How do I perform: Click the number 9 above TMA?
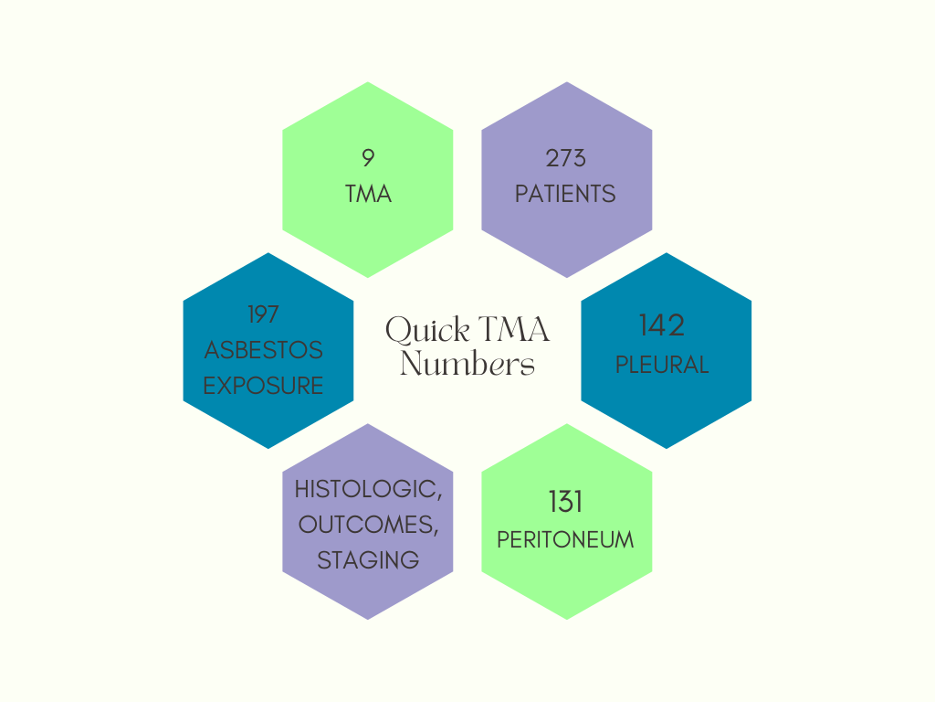pyautogui.click(x=368, y=158)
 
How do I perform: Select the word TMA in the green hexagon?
pyautogui.click(x=368, y=194)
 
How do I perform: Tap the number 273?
pyautogui.click(x=566, y=158)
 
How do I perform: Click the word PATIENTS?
pyautogui.click(x=566, y=194)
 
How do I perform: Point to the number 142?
pyautogui.click(x=662, y=325)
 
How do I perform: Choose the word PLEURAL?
pyautogui.click(x=662, y=365)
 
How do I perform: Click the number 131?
pyautogui.click(x=566, y=502)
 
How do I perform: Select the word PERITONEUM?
pyautogui.click(x=566, y=539)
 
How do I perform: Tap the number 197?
pyautogui.click(x=263, y=314)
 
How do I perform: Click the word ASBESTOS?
pyautogui.click(x=263, y=350)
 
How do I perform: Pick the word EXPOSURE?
pyautogui.click(x=263, y=386)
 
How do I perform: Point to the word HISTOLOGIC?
pyautogui.click(x=368, y=489)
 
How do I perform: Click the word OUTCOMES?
pyautogui.click(x=368, y=525)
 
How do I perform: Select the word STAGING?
pyautogui.click(x=368, y=560)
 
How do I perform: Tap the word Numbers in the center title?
pyautogui.click(x=467, y=364)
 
